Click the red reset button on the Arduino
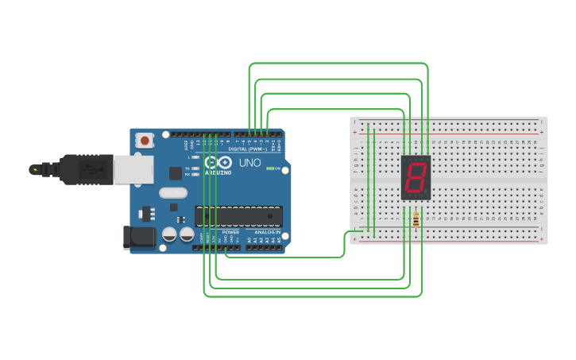145,141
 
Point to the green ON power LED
270,168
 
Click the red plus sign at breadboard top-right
542,132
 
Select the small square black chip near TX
175,172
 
